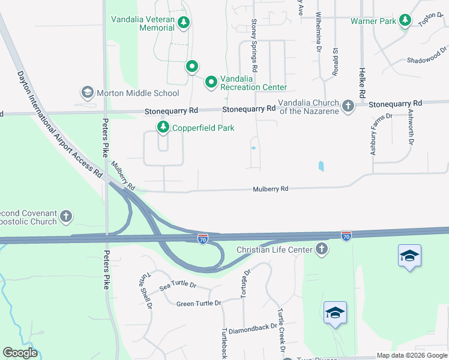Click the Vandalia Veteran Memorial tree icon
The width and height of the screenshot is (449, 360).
click(184, 23)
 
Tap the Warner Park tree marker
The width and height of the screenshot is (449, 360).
click(406, 21)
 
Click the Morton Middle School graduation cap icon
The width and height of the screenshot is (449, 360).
click(88, 93)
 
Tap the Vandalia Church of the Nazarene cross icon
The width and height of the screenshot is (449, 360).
click(348, 106)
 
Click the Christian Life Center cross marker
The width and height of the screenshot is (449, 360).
click(322, 249)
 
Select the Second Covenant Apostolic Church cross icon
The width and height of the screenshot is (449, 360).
click(66, 217)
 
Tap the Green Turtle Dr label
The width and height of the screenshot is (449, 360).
click(199, 304)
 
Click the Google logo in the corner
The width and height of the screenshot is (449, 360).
click(20, 353)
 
